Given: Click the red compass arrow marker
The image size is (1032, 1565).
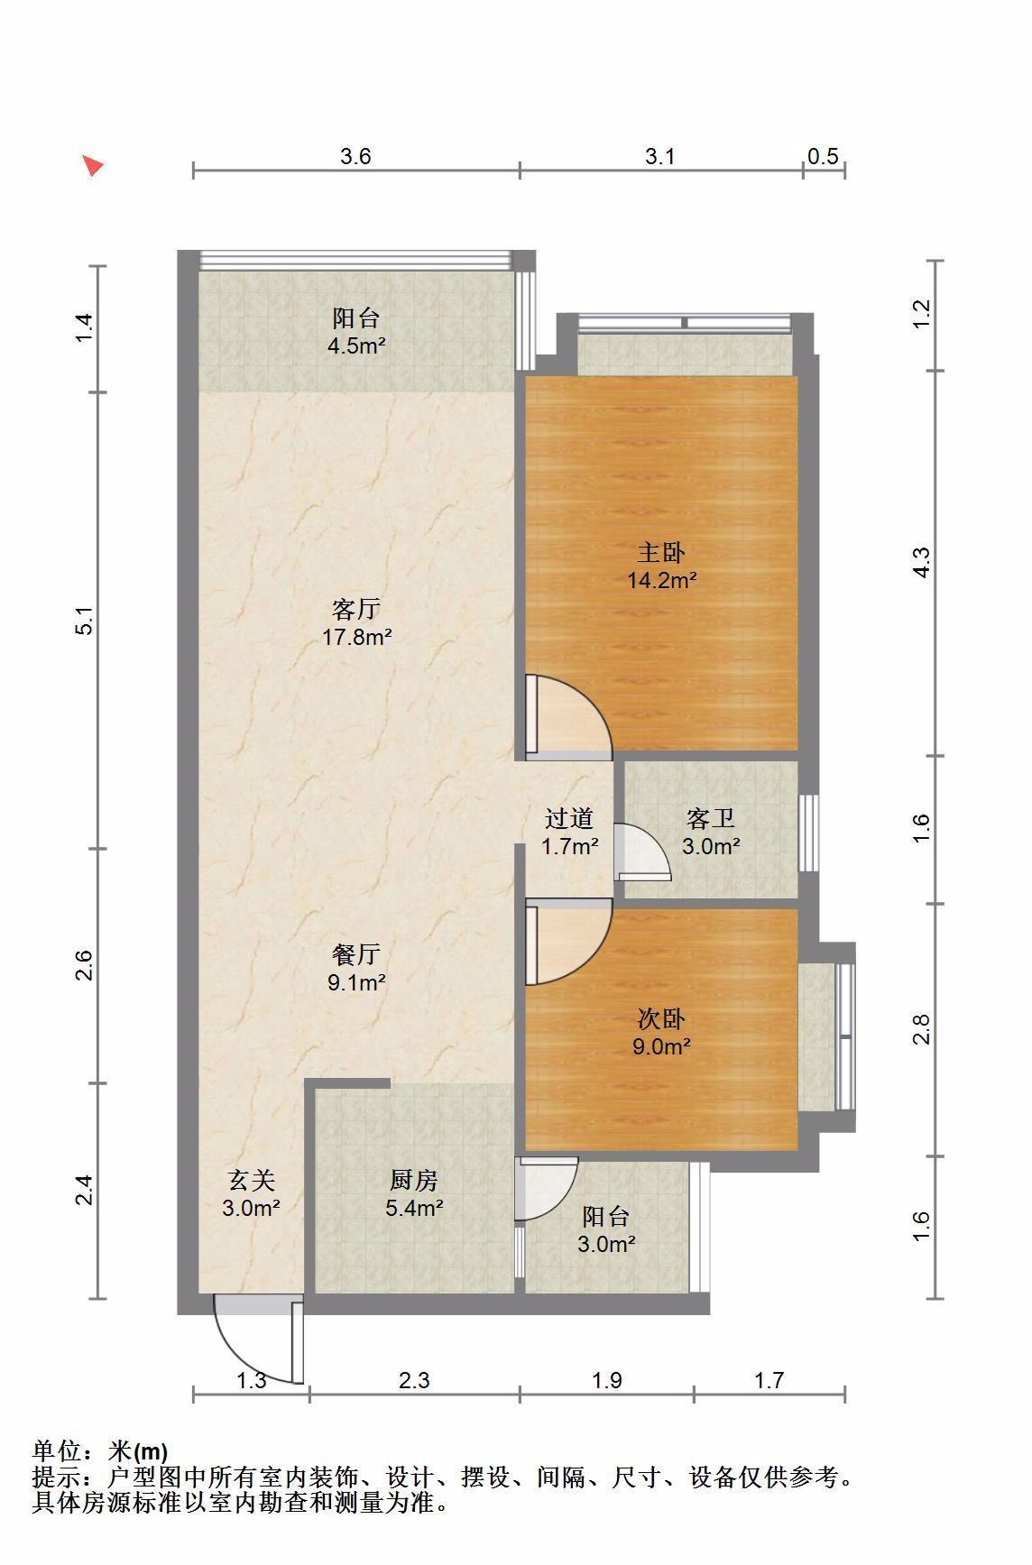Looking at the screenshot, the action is pos(92,165).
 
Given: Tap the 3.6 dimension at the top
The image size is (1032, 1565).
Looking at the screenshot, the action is pos(355,156).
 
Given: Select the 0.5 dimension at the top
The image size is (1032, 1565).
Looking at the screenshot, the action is pos(823,156).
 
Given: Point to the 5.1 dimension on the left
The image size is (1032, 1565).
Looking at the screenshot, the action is pos(85,621).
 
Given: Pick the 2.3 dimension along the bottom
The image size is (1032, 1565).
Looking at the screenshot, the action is pos(414,1379).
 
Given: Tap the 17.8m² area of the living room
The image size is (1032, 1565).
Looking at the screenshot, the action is pos(356,638).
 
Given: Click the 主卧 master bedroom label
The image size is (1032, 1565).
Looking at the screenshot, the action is pos(662,552).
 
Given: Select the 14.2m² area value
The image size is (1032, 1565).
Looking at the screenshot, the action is pos(662,580).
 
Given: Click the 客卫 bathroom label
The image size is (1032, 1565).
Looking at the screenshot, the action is pos(711,818).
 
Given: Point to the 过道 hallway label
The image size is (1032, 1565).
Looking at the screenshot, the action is pos(570,818).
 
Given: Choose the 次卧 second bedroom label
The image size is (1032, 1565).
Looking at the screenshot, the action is pos(662,1019).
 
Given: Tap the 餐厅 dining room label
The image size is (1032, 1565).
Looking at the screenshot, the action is pos(356,953).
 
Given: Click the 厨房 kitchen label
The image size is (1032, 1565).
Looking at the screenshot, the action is pos(414,1179).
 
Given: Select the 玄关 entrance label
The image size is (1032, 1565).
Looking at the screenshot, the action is pos(251,1179).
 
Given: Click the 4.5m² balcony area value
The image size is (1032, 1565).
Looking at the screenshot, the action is pos(356,345).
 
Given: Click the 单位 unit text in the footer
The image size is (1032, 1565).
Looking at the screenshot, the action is pos(56,1451).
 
